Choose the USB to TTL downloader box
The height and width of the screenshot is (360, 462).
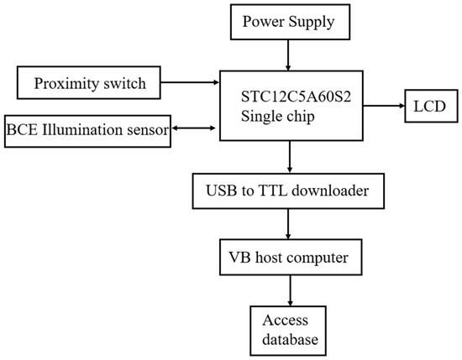coord(289,190)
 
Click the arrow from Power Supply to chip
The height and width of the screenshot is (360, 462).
coord(289,56)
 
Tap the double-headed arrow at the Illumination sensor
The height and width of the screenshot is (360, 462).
coord(195,128)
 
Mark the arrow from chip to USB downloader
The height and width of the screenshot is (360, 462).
coord(289,157)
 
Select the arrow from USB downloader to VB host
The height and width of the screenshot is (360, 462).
coord(289,223)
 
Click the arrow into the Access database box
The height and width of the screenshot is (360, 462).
coord(289,290)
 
